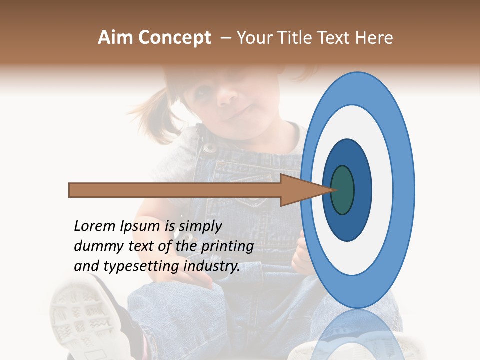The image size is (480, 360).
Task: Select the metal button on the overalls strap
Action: pyautogui.click(x=210, y=148)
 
